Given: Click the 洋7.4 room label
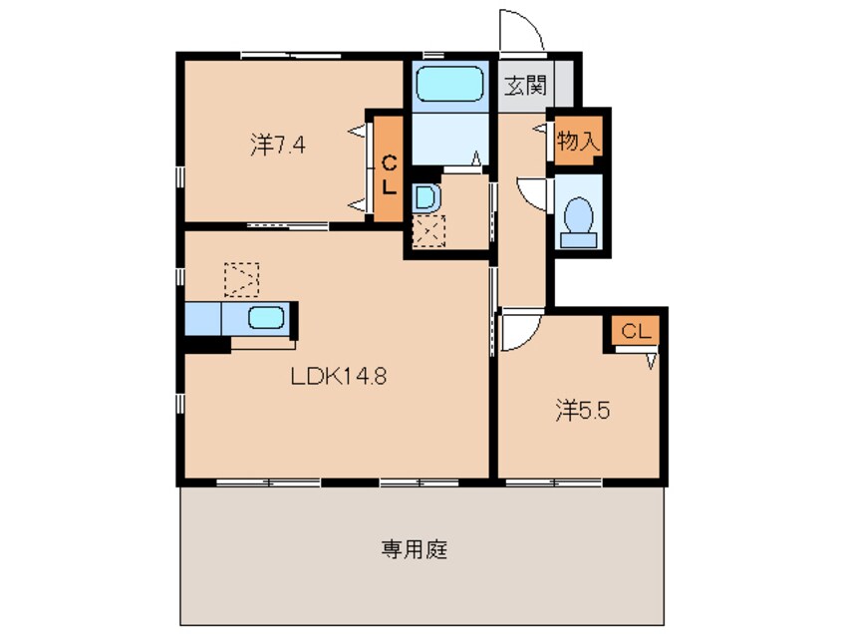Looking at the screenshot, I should click(277, 146).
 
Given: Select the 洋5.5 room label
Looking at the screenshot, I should click(582, 408).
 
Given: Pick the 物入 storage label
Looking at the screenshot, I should click(578, 142).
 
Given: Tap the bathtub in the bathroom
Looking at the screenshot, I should click(448, 86).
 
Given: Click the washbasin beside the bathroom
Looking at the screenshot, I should click(425, 197).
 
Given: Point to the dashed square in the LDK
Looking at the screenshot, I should click(241, 280).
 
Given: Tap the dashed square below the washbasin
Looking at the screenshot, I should click(430, 233).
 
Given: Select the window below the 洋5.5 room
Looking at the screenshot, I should click(553, 483).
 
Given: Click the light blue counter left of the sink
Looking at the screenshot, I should click(202, 319).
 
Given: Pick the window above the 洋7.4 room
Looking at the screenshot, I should click(289, 54).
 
